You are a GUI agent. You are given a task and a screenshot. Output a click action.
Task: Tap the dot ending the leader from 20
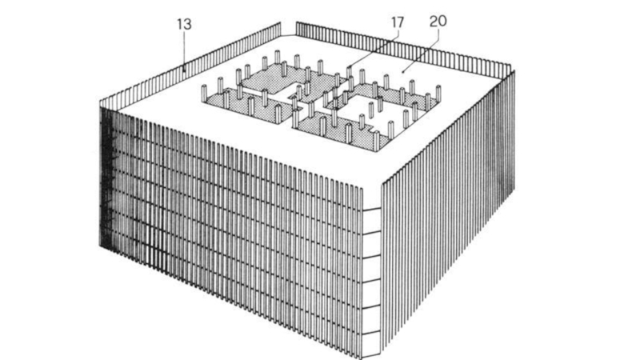(x=404, y=71)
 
